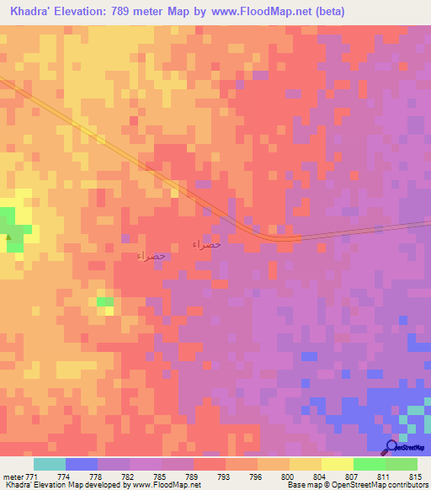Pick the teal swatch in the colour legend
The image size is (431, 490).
(x=49, y=464)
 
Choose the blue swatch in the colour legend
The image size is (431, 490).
(x=81, y=464)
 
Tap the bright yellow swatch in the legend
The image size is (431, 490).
(x=337, y=464)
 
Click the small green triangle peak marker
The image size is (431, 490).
(x=9, y=237)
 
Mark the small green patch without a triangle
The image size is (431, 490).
(x=104, y=301)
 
